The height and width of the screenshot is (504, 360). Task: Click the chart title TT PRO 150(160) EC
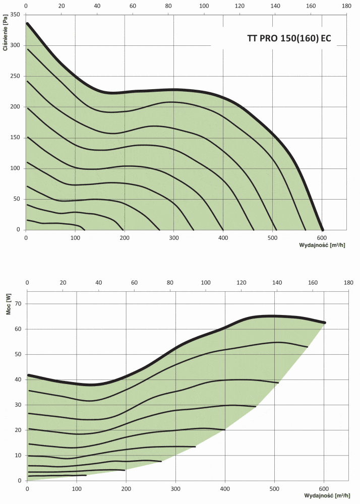tap(289, 38)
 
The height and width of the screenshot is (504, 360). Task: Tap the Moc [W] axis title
tap(8, 307)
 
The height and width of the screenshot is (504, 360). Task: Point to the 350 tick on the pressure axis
tap(15, 15)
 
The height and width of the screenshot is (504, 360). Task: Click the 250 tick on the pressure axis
tap(15, 76)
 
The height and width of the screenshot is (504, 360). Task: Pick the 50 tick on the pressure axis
tap(16, 199)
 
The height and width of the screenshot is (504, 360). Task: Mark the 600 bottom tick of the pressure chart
tap(322, 236)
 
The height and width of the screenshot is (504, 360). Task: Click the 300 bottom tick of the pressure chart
tap(173, 236)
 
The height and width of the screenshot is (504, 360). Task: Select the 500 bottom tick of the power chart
tap(274, 488)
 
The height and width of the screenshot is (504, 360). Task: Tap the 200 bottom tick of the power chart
tap(126, 488)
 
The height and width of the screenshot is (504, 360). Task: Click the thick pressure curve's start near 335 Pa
tap(27, 23)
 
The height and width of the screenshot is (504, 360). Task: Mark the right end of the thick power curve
tap(325, 323)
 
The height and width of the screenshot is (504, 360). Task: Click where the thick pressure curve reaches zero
tap(323, 230)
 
